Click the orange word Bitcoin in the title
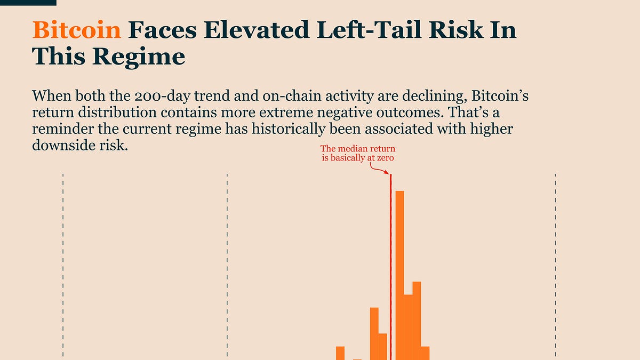(x=77, y=30)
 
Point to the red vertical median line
(x=391, y=267)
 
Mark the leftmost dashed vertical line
(x=63, y=267)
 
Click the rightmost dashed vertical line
(x=555, y=267)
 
